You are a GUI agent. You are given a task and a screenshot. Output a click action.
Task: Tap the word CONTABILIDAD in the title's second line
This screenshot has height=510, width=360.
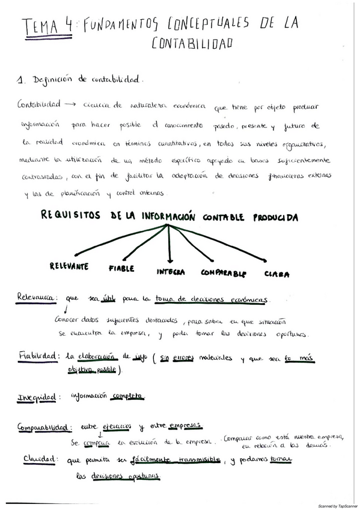tap(192, 44)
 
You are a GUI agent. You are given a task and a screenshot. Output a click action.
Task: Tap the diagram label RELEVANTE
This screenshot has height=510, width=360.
tap(69, 265)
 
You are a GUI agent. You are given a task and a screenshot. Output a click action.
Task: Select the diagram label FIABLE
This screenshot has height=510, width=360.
tap(121, 268)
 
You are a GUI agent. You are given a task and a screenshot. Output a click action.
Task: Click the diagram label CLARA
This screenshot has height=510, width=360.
tap(277, 274)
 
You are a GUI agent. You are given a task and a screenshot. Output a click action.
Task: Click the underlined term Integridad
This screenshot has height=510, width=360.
tap(37, 397)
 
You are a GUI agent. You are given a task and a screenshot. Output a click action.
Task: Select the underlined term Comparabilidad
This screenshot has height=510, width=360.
tap(42, 428)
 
